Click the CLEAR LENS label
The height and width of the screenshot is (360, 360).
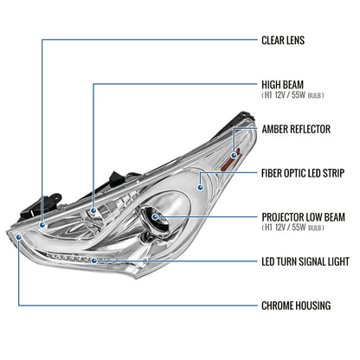click(x=283, y=41)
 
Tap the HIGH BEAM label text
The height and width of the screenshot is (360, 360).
click(x=283, y=85)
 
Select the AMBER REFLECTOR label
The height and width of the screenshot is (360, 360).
click(x=296, y=129)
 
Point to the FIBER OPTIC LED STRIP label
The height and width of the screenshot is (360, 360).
click(x=303, y=173)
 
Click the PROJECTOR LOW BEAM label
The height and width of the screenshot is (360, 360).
click(x=304, y=217)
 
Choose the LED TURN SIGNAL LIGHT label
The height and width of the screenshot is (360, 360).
click(x=305, y=261)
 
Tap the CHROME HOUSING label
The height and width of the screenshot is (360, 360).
click(x=296, y=305)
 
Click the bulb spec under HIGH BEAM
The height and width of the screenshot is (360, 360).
click(x=292, y=95)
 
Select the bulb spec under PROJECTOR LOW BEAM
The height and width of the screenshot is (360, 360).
click(x=292, y=228)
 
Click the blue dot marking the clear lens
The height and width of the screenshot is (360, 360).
click(x=42, y=225)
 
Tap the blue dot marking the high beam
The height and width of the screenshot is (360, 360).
click(x=93, y=211)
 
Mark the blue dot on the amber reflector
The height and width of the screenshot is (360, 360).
click(x=234, y=156)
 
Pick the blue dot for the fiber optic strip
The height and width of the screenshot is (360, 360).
click(x=200, y=188)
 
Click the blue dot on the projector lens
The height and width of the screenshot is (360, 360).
click(x=155, y=217)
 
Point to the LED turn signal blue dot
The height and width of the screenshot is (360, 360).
click(x=94, y=260)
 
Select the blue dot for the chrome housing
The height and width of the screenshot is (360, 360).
click(x=19, y=237)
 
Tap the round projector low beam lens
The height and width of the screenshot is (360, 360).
click(x=155, y=221)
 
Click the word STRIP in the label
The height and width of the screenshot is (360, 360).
click(x=333, y=173)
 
